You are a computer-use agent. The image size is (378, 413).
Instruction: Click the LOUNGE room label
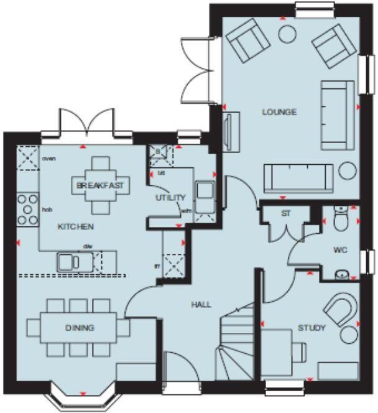279,113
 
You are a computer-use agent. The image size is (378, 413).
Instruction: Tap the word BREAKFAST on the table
100,185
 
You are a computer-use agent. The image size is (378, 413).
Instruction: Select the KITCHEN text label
76,227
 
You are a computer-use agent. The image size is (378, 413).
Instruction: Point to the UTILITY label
170,198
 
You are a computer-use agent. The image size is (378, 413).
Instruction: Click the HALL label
201,305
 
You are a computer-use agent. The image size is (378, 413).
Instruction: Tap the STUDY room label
311,328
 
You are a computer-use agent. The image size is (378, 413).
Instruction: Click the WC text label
339,250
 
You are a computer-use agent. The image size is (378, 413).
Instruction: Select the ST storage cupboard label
286,214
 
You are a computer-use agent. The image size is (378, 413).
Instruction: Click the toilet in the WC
340,220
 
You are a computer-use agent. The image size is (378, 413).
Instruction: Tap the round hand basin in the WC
341,273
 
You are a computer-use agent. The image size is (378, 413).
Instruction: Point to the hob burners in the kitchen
28,210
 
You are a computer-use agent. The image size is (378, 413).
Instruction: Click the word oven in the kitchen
48,159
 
